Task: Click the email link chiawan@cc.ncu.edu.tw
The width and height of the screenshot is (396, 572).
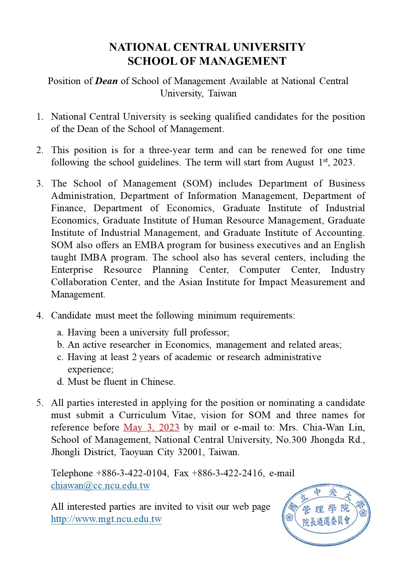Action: click(100, 486)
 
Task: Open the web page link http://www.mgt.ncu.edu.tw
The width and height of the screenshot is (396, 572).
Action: click(106, 519)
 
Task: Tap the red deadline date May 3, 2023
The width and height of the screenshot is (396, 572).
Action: click(151, 428)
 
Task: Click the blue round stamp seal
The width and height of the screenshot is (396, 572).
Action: click(326, 515)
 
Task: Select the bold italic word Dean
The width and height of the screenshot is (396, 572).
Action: click(106, 81)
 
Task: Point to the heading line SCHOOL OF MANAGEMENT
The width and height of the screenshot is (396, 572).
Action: click(207, 61)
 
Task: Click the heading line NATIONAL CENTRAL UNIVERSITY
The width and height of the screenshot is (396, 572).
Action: click(207, 47)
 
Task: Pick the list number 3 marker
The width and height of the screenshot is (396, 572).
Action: click(40, 184)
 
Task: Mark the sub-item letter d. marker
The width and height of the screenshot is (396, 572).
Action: click(60, 382)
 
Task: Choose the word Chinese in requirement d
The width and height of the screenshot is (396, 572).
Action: click(158, 382)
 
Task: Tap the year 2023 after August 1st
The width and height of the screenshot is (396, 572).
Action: click(344, 163)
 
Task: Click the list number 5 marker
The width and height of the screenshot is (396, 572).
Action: click(40, 403)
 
